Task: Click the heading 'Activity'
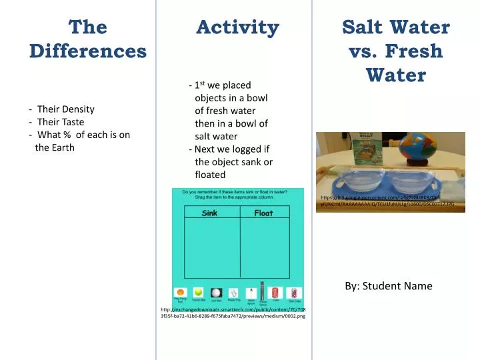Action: pos(237,27)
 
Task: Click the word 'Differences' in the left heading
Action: pos(88,51)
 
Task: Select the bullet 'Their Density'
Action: pos(65,109)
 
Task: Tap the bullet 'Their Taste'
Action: pos(61,122)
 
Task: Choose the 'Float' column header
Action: pos(263,213)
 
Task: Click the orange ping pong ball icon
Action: pos(181,292)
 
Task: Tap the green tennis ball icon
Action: pos(198,292)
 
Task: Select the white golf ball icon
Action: pos(216,292)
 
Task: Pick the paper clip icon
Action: pos(233,292)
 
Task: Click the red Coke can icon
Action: pos(276,292)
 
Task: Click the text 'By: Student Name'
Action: pos(389,286)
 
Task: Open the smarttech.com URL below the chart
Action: pos(233,311)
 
